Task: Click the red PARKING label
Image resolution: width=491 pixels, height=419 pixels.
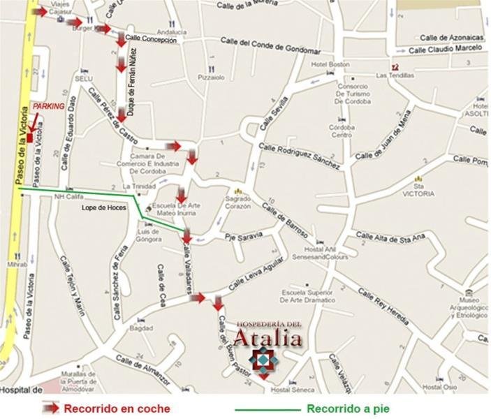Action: pos(48,106)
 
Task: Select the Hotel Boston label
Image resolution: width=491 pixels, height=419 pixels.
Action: pos(330,65)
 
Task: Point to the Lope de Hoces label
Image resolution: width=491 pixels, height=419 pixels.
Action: pos(104,208)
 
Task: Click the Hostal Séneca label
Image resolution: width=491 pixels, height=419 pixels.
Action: pos(289,390)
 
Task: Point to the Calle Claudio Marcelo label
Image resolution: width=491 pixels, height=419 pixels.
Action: pos(446,49)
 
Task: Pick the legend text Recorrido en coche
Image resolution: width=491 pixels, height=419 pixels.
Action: pos(117,409)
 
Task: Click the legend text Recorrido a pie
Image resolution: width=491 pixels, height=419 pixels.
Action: pos(348,409)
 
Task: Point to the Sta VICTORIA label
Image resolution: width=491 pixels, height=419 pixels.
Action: pos(424,190)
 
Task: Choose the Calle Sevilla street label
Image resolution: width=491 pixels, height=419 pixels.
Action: pos(274,110)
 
